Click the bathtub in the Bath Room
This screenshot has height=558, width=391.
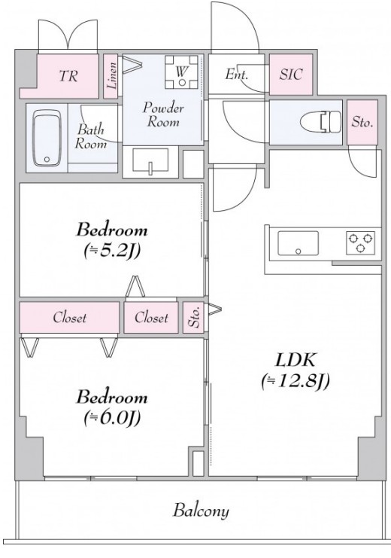(x=47, y=138)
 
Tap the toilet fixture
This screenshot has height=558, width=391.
(x=320, y=123)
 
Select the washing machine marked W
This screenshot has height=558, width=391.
(x=181, y=72)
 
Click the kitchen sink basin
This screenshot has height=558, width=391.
(x=298, y=243)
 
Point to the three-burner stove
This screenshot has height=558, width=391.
(x=360, y=242)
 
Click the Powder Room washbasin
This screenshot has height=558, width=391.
(x=150, y=161)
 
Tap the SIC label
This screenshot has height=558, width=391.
(x=291, y=75)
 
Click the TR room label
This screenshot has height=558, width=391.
(x=68, y=76)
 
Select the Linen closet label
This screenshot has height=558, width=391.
(x=112, y=75)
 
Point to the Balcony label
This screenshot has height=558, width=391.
(x=201, y=511)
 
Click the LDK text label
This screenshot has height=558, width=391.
(x=295, y=360)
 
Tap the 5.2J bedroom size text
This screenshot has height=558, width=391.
(x=112, y=251)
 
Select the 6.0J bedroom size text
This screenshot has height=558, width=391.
(x=112, y=417)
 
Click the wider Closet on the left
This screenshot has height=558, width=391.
(x=69, y=318)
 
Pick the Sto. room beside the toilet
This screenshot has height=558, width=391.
(x=362, y=122)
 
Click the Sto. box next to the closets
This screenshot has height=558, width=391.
(x=193, y=318)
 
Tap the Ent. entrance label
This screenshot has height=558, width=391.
(x=236, y=75)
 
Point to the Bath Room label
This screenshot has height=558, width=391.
(x=91, y=136)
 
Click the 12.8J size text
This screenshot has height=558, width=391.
(x=296, y=382)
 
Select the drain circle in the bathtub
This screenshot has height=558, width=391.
(x=47, y=160)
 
